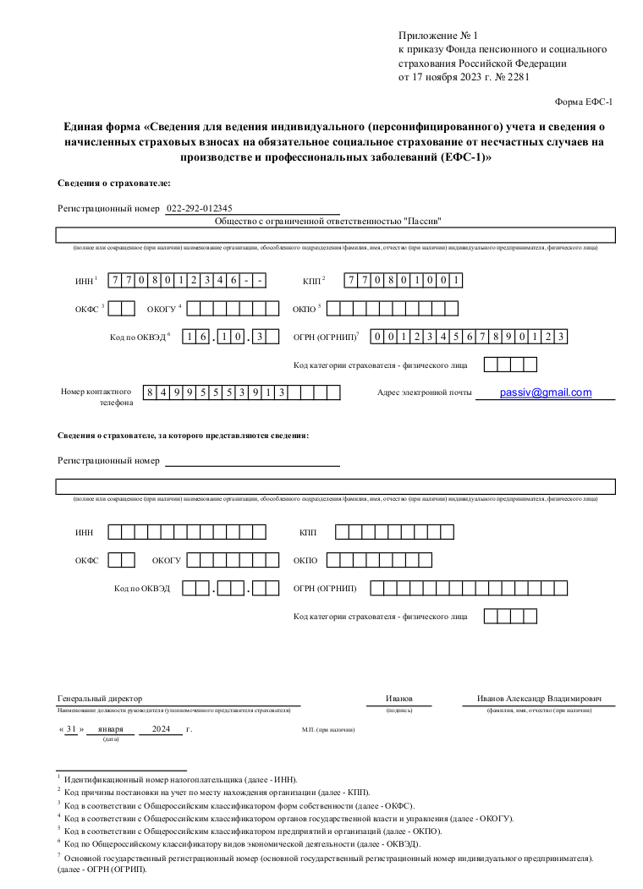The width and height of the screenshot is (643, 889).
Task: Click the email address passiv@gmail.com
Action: pos(546,392)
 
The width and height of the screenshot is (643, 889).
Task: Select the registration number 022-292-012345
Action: pos(200,208)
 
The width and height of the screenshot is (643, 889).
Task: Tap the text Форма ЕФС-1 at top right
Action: pos(583,102)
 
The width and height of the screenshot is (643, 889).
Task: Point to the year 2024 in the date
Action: pos(161,728)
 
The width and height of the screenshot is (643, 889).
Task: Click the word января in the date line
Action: pos(110,728)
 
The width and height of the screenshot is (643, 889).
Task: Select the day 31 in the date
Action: pos(71,728)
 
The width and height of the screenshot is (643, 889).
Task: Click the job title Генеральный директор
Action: pos(101,699)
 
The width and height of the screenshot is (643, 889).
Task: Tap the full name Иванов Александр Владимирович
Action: pos(539,699)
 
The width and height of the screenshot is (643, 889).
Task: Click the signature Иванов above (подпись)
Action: pos(399,699)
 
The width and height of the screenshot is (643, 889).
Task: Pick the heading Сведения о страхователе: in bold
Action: pos(113,183)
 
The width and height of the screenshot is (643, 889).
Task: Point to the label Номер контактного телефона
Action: pos(96,397)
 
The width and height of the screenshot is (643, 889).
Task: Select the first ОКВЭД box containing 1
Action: pos(191,337)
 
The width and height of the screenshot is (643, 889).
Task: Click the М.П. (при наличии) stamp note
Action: pos(328,729)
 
